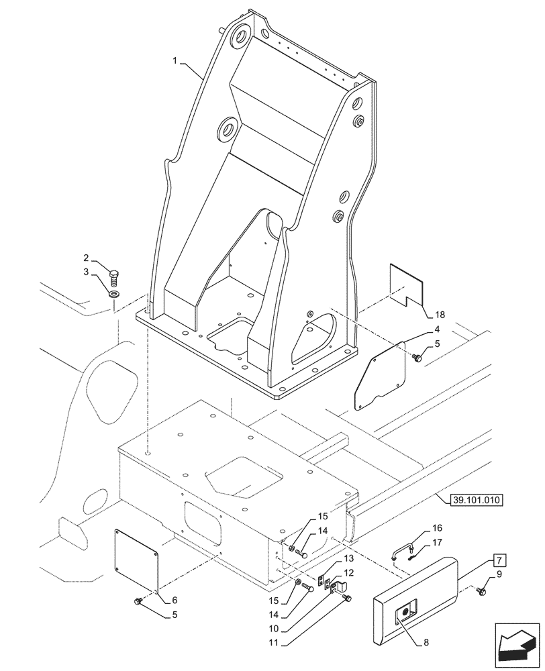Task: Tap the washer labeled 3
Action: point(115,293)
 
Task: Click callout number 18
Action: point(440,314)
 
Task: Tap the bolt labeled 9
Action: point(481,590)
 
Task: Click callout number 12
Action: point(348,572)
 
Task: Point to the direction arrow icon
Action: point(517,646)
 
